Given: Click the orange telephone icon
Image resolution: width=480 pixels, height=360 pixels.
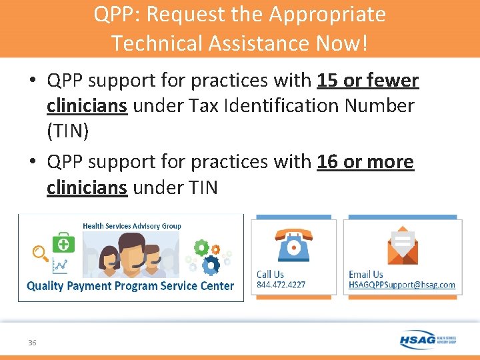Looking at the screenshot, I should pos(293,245).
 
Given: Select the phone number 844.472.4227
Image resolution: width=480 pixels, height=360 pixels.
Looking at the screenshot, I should pos(281,285).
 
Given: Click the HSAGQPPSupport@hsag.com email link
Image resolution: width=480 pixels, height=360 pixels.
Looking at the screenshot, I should pos(401,285).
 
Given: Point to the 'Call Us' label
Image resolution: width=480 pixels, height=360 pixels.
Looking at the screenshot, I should pos(270,274).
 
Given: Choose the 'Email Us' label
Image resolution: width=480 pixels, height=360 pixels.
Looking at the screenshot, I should pos(365,274).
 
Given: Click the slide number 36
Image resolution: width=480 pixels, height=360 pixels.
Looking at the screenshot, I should pos(32,342).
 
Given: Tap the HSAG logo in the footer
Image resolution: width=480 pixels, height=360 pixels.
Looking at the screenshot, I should pos(427,339).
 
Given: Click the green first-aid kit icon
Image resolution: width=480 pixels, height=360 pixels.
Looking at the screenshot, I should pos(65,241).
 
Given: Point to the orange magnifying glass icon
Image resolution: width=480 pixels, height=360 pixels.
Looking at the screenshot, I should pos(41,253).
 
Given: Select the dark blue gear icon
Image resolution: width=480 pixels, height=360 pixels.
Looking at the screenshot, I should pos(211,265).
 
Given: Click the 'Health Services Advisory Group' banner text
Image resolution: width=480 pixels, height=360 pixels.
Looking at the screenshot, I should pos(131,226).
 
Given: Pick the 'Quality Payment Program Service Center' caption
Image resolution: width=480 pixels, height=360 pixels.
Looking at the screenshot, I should pos(130,286).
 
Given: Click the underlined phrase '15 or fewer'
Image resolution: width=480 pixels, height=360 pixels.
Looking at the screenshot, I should pos(368,81).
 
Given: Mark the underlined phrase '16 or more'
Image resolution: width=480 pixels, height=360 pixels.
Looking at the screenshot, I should pos(365,162).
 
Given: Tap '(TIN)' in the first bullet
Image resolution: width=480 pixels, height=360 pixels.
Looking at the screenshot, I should pos(67,131).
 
